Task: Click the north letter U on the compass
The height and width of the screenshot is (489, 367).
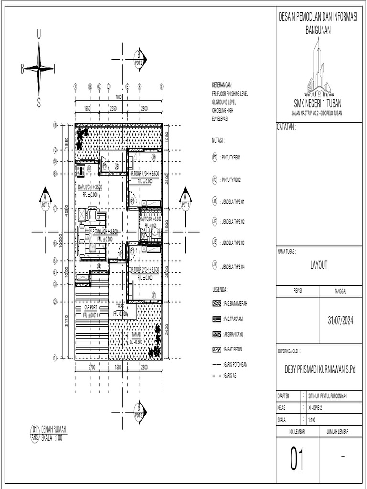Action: [x=39, y=34]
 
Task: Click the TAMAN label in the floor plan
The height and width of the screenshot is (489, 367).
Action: [x=136, y=336]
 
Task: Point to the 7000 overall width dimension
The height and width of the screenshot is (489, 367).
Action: [x=119, y=97]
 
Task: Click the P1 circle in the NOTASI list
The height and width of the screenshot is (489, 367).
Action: [x=215, y=157]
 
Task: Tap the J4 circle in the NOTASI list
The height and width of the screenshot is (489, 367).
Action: [x=215, y=264]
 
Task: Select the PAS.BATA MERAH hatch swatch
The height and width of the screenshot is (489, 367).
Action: [x=216, y=303]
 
